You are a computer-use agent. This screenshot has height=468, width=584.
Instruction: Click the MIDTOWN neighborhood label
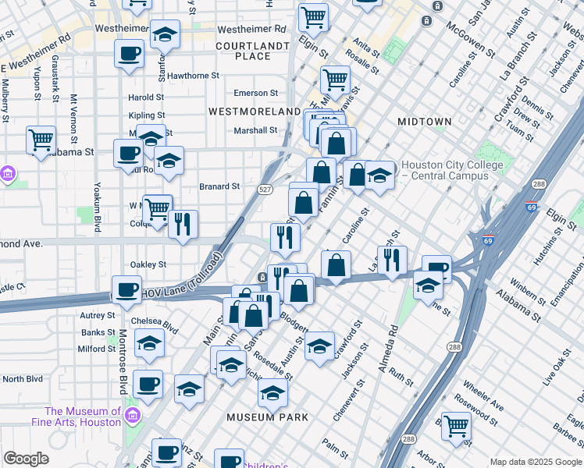tap(424, 122)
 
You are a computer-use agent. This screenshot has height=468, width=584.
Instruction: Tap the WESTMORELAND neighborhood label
tap(255, 112)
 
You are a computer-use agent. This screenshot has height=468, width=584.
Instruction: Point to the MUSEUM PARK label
tap(268, 417)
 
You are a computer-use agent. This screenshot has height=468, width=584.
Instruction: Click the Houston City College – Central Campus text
tap(444, 171)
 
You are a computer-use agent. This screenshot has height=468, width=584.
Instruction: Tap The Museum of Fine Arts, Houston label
tap(83, 417)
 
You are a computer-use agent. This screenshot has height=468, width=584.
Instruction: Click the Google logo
tap(26, 459)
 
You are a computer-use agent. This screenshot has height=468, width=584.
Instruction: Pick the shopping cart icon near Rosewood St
tap(456, 426)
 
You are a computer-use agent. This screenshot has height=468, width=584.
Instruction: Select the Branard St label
tap(219, 186)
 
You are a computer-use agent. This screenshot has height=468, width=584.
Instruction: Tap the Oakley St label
tap(148, 264)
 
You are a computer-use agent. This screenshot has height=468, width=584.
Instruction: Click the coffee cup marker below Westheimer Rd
tap(129, 54)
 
